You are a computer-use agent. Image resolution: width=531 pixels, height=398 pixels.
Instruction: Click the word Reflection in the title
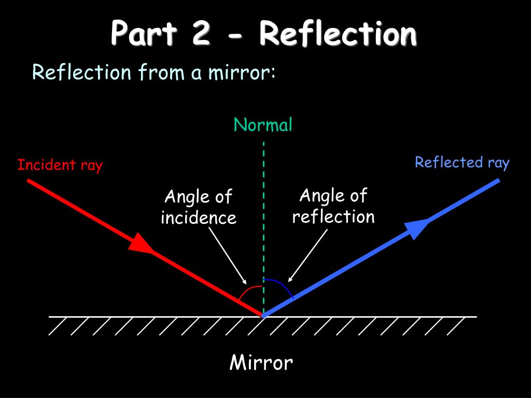[338, 34]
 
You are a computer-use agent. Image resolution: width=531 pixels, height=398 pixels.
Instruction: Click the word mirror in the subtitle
[241, 73]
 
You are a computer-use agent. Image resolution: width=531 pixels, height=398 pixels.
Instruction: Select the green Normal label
[263, 125]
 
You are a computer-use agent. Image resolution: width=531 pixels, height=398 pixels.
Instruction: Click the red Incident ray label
[60, 165]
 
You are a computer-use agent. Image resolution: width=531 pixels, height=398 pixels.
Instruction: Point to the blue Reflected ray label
[462, 163]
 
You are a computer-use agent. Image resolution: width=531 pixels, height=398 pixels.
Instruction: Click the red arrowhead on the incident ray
[141, 243]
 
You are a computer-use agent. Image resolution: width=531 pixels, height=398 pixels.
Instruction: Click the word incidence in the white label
[199, 218]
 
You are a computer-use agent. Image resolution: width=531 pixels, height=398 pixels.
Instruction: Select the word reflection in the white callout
[333, 217]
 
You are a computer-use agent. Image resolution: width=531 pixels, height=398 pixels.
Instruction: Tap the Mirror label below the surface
[261, 363]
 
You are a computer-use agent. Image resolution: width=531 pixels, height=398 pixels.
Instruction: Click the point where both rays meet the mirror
[263, 315]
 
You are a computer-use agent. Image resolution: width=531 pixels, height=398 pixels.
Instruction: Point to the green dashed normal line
[263, 207]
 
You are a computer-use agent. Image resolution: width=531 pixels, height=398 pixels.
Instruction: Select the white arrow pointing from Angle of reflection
[309, 255]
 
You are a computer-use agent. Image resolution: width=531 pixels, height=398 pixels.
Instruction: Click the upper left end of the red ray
[29, 181]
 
